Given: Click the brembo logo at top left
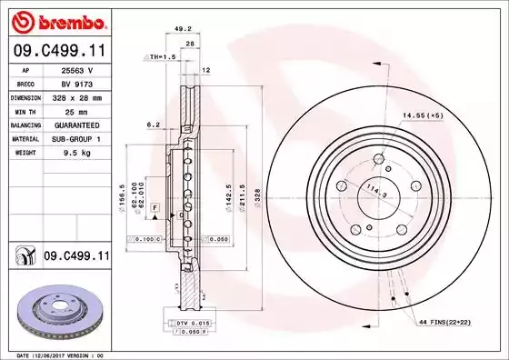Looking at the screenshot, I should [x=55, y=20].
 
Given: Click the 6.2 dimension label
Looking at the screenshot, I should [x=153, y=125].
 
